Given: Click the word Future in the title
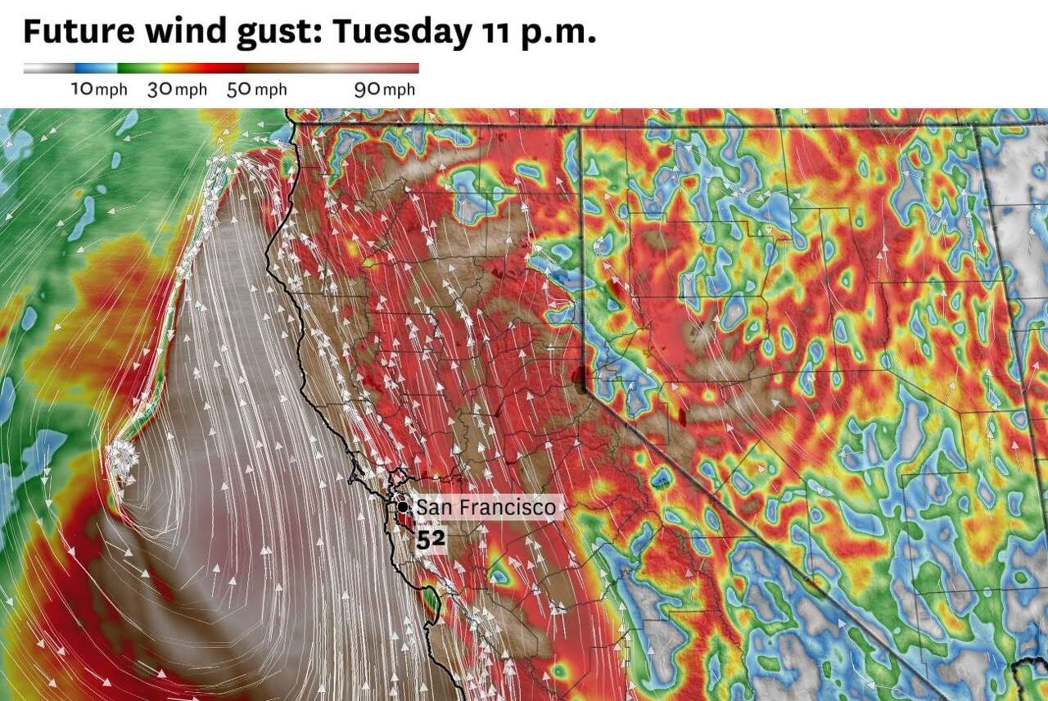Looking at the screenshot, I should coord(79,31).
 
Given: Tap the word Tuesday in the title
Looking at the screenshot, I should coord(401,31).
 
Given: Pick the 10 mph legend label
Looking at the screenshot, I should coord(98,89).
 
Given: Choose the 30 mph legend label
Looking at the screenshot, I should coord(177,89).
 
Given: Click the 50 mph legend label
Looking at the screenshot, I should coord(256,89).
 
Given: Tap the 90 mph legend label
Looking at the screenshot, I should coord(384,89).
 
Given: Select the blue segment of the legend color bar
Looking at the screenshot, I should coord(95,69).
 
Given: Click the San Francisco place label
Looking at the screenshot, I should coord(486,508).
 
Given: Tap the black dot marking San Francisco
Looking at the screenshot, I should coord(404,507).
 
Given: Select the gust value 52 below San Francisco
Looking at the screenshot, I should coord(431,540).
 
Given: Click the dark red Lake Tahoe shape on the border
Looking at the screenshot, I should coord(581,379).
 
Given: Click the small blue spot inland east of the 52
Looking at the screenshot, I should coord(497,577).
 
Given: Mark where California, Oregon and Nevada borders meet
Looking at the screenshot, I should coord(580,125).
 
